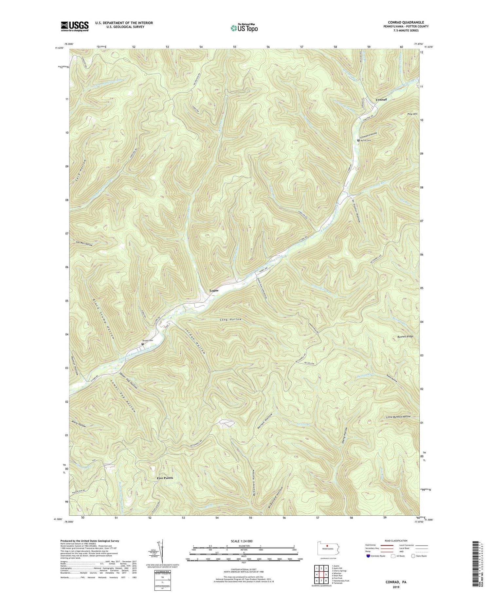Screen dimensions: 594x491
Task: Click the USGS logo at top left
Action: [74, 26]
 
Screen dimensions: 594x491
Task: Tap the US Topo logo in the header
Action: [244, 28]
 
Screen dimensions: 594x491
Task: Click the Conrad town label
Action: [381, 100]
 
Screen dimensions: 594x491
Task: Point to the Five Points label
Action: [162, 478]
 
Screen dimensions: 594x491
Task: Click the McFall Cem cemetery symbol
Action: [358, 141]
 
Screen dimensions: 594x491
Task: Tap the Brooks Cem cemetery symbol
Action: [142, 344]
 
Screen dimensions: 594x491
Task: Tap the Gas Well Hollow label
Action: [84, 243]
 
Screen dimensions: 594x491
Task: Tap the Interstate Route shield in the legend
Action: [368, 556]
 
